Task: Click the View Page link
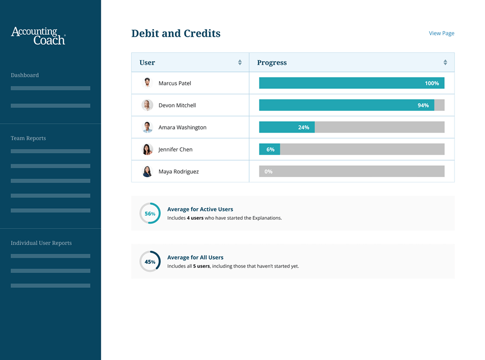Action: click(x=441, y=33)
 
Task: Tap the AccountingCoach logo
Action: click(x=38, y=36)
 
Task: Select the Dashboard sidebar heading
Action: click(x=25, y=75)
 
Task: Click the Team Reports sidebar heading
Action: click(x=28, y=138)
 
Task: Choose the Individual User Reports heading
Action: click(x=41, y=243)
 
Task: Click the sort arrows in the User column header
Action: click(x=240, y=63)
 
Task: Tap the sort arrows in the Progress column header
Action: click(x=445, y=63)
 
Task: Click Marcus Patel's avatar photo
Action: click(x=147, y=83)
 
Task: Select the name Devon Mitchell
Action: click(x=177, y=105)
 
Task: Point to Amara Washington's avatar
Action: click(x=147, y=127)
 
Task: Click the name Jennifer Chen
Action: click(x=175, y=149)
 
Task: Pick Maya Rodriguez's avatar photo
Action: click(x=147, y=171)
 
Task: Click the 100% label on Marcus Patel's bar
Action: click(x=432, y=83)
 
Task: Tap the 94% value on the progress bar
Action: click(x=423, y=105)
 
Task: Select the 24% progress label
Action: click(x=304, y=128)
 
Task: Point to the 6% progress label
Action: click(x=270, y=149)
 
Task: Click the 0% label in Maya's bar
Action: click(x=268, y=172)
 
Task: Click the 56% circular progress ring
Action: click(x=150, y=213)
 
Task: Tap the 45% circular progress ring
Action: click(x=150, y=262)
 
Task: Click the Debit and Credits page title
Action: click(x=176, y=33)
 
